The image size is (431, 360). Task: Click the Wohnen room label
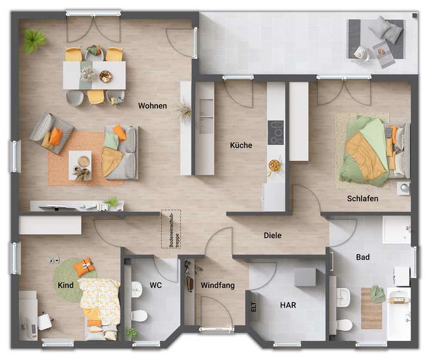[x=152, y=106]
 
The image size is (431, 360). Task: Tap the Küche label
[x=241, y=145]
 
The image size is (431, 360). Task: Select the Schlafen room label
[x=362, y=198]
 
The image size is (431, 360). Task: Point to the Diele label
[x=272, y=235]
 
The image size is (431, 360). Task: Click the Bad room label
[x=363, y=258]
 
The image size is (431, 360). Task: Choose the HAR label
[x=288, y=305]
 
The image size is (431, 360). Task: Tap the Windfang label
[x=218, y=285]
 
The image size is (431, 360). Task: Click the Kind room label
[x=66, y=285]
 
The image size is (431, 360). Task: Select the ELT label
[x=254, y=307]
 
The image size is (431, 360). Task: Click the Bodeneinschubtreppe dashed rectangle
[x=170, y=229]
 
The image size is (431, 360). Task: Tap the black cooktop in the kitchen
[x=276, y=132]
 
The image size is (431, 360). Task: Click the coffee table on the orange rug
[x=80, y=162]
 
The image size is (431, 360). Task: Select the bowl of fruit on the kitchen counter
[x=275, y=164]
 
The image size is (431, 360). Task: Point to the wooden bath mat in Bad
[x=371, y=308]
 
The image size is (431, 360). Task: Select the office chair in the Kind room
[x=45, y=321]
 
